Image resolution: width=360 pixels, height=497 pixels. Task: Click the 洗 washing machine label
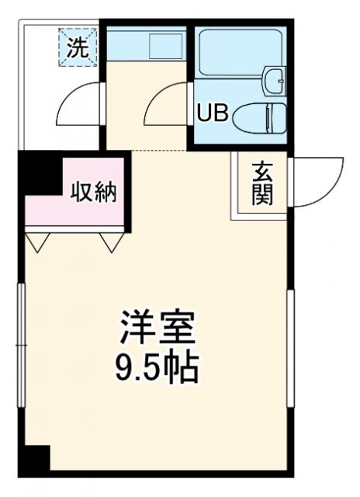(x=76, y=47)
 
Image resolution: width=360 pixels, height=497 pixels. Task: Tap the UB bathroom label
(x=211, y=114)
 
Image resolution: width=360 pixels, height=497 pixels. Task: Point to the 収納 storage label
(x=95, y=191)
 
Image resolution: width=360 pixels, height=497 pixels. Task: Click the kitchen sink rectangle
(x=164, y=45)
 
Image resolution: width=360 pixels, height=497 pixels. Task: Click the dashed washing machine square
(x=76, y=47)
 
